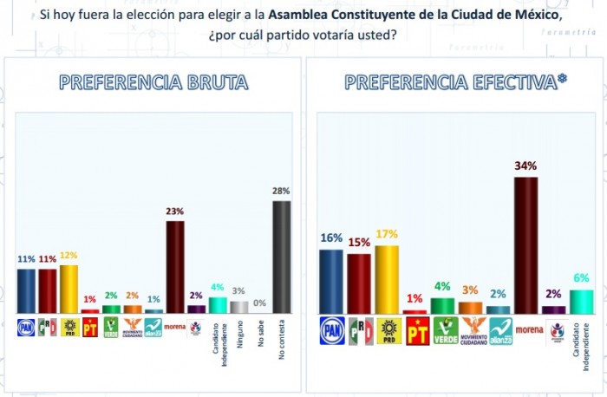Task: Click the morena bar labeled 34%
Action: pyautogui.click(x=525, y=244)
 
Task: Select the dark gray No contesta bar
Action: pyautogui.click(x=281, y=257)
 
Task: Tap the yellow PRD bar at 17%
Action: pyautogui.click(x=387, y=279)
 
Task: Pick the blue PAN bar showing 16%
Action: pyautogui.click(x=331, y=281)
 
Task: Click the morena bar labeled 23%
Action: pyautogui.click(x=175, y=266)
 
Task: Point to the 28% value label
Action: pyautogui.click(x=281, y=191)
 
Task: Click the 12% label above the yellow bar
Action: pyautogui.click(x=69, y=255)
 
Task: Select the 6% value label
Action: pyautogui.click(x=580, y=277)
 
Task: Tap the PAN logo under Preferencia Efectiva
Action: pyautogui.click(x=331, y=330)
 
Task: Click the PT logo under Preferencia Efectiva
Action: pyautogui.click(x=416, y=330)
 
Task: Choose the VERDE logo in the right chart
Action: pyautogui.click(x=445, y=330)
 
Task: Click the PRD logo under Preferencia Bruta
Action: pyautogui.click(x=69, y=327)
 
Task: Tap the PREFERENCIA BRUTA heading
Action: pyautogui.click(x=153, y=82)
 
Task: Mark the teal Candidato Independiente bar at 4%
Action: pyautogui.click(x=218, y=304)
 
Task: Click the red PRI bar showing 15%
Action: pyautogui.click(x=359, y=283)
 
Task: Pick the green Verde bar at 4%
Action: pyautogui.click(x=442, y=305)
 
